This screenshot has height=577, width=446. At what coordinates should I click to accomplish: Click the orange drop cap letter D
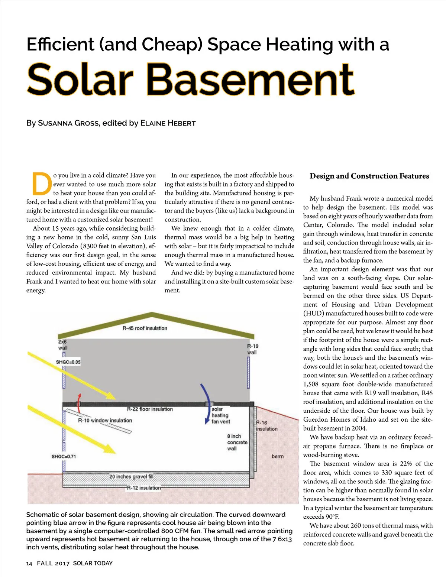tap(41, 184)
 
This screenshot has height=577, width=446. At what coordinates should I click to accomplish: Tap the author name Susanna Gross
tap(68, 123)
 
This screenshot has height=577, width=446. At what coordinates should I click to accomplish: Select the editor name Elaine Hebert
tap(168, 123)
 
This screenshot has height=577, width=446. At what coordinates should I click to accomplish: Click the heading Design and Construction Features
tap(369, 176)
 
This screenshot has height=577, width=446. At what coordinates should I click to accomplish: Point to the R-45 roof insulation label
tap(145, 328)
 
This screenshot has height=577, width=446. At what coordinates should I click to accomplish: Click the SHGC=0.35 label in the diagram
tap(68, 362)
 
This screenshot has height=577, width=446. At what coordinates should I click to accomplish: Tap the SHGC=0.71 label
tap(64, 456)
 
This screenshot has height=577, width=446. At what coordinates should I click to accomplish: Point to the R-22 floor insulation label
tap(150, 409)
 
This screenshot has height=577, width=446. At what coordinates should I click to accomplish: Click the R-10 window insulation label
tap(105, 420)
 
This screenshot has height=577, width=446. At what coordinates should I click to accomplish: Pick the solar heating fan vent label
tap(220, 415)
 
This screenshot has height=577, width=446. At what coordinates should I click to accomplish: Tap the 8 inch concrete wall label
tap(237, 442)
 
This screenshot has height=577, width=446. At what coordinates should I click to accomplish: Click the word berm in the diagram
tap(277, 456)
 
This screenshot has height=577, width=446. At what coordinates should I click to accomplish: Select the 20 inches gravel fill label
tap(131, 476)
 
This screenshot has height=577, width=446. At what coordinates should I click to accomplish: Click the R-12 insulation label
tap(144, 487)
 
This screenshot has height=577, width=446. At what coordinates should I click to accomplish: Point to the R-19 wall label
tap(252, 349)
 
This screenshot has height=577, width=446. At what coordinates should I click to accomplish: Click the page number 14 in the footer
tap(29, 563)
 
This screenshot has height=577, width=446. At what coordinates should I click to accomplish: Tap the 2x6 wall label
tap(62, 345)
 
